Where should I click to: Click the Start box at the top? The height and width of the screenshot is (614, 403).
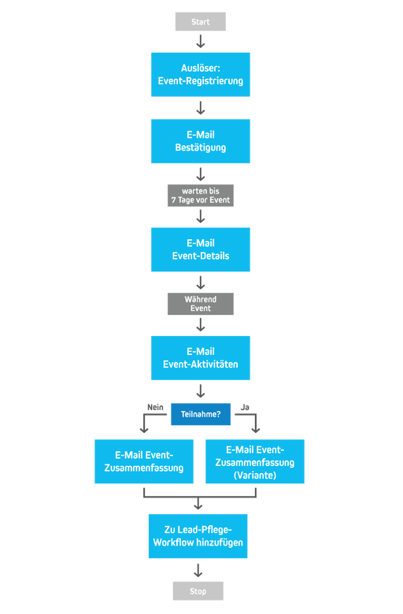(x=201, y=22)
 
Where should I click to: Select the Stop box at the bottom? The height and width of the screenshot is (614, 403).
(x=198, y=590)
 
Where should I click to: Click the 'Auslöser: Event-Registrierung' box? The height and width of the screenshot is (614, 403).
(x=201, y=75)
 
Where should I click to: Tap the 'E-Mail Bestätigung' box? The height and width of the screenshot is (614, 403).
(x=201, y=141)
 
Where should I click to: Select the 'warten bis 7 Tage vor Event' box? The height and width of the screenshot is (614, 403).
(x=201, y=195)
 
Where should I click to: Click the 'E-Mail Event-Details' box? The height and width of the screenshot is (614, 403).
(x=201, y=250)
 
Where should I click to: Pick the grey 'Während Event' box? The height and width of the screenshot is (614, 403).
(x=201, y=304)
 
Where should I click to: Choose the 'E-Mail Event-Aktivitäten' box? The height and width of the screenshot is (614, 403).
(x=201, y=358)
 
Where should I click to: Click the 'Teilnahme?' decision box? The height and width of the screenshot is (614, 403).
(x=201, y=414)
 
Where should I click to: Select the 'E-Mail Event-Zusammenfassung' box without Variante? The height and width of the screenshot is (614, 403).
(x=145, y=461)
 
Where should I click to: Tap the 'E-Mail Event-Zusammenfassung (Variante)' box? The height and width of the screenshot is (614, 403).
(x=255, y=461)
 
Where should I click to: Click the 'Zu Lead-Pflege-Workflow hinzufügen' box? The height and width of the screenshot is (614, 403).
(x=198, y=536)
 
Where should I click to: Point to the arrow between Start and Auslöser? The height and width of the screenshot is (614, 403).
(x=201, y=43)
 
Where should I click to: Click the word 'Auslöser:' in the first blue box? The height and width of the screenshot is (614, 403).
(x=201, y=68)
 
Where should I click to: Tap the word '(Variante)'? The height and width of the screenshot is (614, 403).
(x=255, y=475)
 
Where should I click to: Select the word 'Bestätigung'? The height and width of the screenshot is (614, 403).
(x=201, y=148)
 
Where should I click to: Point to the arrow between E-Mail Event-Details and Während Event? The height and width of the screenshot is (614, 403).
(x=201, y=283)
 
